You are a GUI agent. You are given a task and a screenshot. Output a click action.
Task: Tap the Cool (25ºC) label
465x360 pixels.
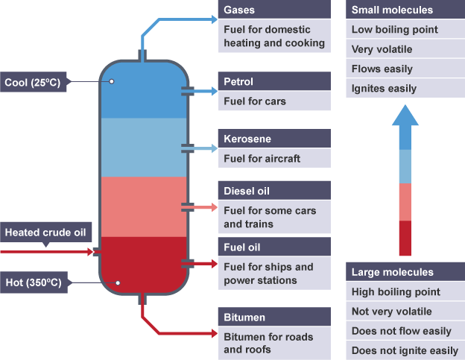(x=36, y=82)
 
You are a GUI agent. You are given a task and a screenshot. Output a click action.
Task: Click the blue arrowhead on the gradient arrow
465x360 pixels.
(x=405, y=116)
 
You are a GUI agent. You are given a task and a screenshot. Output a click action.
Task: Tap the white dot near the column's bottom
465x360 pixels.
(x=118, y=282)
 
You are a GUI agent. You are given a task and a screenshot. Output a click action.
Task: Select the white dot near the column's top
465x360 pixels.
(x=111, y=81)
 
